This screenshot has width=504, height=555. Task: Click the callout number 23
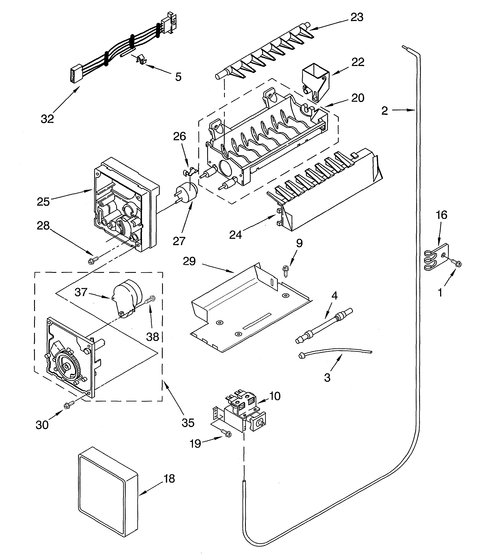click(357, 17)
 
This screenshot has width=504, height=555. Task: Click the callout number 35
click(188, 423)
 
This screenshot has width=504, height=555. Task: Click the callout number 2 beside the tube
click(384, 111)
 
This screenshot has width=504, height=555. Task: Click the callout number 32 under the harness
click(47, 119)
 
